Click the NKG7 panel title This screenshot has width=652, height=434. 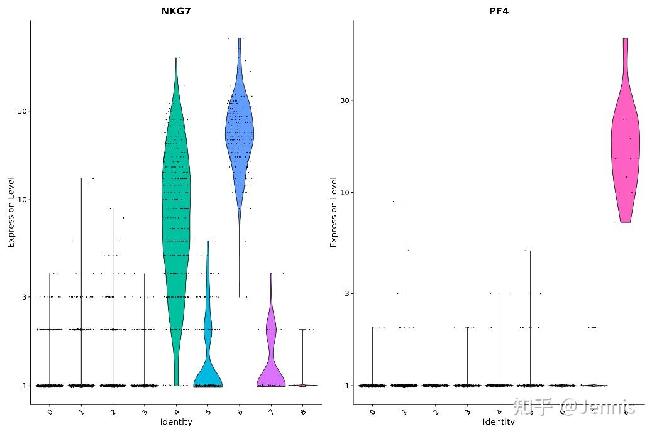(176, 11)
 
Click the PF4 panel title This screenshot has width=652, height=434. (499, 11)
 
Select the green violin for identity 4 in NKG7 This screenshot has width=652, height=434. (176, 220)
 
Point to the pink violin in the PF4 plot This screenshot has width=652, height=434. (625, 157)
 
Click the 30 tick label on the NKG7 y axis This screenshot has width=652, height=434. (24, 111)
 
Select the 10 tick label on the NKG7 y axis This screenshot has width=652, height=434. (24, 200)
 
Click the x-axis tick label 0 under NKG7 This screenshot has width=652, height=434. (50, 411)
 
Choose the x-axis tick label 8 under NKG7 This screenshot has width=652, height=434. (302, 411)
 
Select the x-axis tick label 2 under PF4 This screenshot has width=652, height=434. (436, 411)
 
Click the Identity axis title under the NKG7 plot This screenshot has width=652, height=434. (176, 422)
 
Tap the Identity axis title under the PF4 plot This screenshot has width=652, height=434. (499, 422)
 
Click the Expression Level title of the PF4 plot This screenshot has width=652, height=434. (334, 212)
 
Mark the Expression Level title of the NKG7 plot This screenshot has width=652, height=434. (11, 212)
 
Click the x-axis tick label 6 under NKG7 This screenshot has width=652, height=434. (240, 411)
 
